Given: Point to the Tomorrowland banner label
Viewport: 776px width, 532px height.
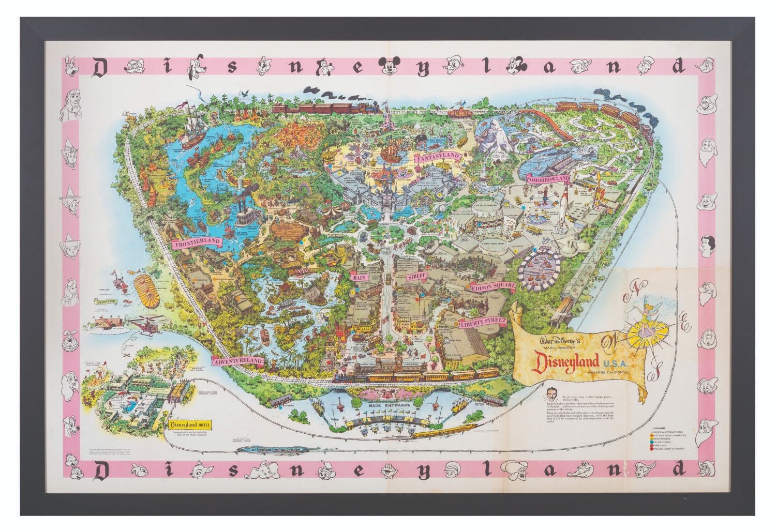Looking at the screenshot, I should point(548,179).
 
